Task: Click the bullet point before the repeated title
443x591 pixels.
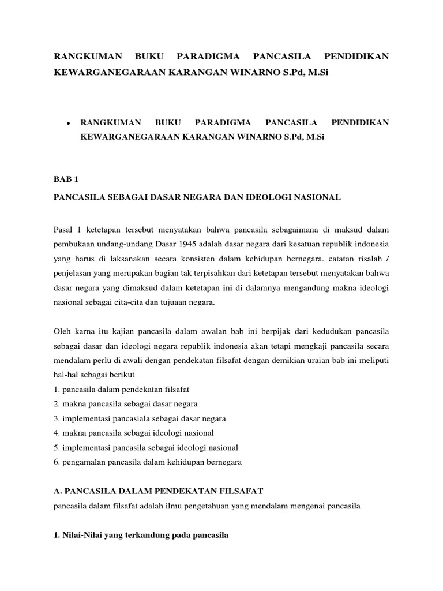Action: (x=68, y=123)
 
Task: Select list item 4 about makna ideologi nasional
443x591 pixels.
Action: (x=133, y=432)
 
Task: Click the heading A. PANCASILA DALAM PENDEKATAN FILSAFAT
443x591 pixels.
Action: (x=158, y=491)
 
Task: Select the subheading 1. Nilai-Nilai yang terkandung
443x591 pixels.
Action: (x=141, y=535)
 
